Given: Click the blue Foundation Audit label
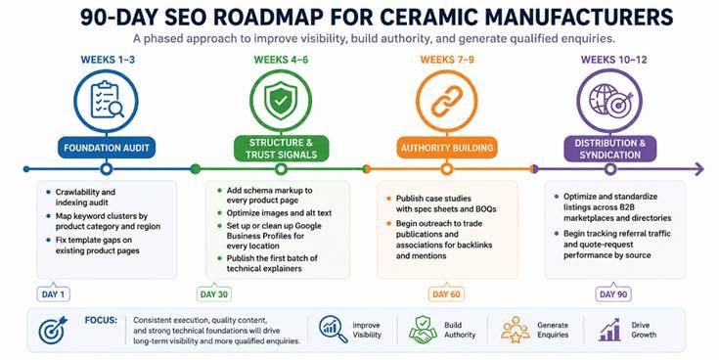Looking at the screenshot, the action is click(x=107, y=148).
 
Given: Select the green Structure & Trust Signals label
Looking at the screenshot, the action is click(x=281, y=149).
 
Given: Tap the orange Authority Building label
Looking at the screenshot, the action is click(x=447, y=148).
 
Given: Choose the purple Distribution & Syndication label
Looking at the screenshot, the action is click(x=609, y=149).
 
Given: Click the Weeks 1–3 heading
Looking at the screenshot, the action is click(x=108, y=60).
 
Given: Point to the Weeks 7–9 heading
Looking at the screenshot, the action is click(x=447, y=60).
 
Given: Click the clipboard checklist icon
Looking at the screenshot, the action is click(x=107, y=100).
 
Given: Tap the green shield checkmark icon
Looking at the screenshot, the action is click(x=281, y=100).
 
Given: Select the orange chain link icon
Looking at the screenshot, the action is click(x=447, y=101).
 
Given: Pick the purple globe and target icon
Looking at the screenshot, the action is click(x=610, y=100).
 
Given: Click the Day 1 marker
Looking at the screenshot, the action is click(x=53, y=293).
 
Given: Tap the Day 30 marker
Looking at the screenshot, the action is click(x=214, y=293).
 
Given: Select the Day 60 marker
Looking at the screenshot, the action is click(x=446, y=293).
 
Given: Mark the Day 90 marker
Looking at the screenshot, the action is click(x=613, y=293).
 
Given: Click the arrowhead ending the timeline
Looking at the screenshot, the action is click(x=698, y=169).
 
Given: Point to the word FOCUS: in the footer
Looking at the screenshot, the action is click(x=101, y=320).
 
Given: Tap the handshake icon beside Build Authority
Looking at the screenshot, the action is click(x=423, y=330).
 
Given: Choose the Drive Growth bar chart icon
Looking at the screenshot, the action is click(x=609, y=330).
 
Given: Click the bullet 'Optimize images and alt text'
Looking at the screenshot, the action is click(x=279, y=213).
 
